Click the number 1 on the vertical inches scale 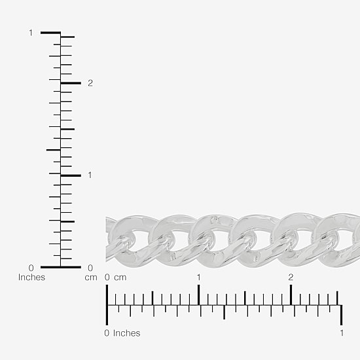31,33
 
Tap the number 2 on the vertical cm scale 90,83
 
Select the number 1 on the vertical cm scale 90,175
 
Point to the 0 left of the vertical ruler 31,268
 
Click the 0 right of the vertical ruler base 90,268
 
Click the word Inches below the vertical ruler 31,278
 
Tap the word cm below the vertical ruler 91,278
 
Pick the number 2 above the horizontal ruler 291,278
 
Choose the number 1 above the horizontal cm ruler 199,278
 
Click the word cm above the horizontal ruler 120,278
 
